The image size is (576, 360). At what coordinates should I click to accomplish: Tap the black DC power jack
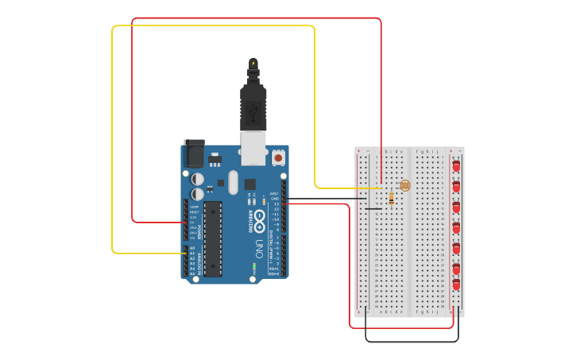point(194,153)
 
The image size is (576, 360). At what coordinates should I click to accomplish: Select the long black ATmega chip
point(212,238)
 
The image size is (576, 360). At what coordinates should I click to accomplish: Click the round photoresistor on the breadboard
point(405,185)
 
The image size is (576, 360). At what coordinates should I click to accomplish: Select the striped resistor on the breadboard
point(392,199)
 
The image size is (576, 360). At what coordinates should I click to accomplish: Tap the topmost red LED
point(456,165)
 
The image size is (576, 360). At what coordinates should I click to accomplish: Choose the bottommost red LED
point(456,284)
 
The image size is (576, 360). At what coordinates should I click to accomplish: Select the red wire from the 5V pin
point(132,119)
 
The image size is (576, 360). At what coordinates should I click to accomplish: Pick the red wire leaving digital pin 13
point(350,262)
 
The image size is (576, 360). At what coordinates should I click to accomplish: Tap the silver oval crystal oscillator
point(233,182)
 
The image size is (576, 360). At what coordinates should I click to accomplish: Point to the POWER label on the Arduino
point(199,230)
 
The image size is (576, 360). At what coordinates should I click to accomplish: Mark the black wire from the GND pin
point(326,199)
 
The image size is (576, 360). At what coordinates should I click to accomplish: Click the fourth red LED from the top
point(456,227)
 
